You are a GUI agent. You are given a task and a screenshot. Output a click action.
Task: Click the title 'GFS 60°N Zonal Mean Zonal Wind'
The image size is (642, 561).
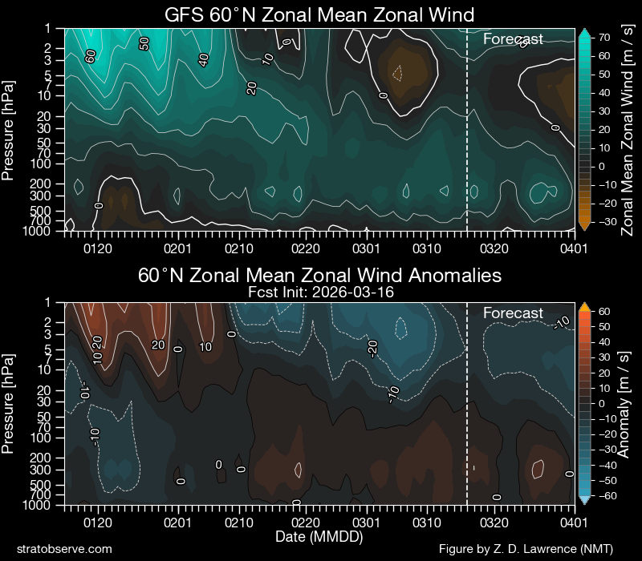(x=319, y=14)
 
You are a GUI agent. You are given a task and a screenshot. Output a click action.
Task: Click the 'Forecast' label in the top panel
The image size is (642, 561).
(x=513, y=38)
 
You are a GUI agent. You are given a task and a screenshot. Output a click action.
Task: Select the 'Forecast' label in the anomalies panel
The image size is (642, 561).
(x=513, y=313)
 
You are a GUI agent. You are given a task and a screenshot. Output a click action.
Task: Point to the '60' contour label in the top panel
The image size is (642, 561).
(x=91, y=56)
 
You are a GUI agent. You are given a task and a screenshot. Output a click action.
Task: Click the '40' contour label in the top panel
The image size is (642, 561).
(x=204, y=59)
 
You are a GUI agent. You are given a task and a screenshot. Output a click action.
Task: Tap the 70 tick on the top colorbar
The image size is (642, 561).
(x=601, y=38)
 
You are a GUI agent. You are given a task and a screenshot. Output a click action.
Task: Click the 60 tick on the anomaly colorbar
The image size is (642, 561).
(x=601, y=312)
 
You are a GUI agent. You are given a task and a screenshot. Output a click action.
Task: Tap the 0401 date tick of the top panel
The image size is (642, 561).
(x=573, y=248)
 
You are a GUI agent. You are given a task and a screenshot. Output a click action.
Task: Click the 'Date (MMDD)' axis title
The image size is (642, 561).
(x=319, y=535)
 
